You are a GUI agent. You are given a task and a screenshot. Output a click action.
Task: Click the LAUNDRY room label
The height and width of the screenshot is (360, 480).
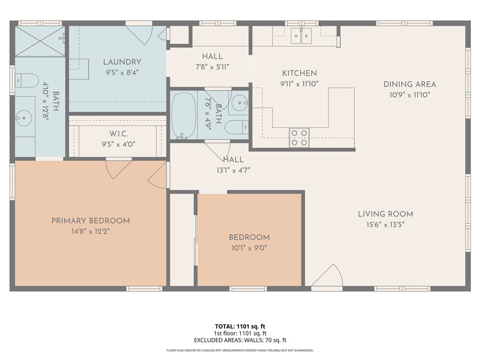pyautogui.click(x=122, y=62)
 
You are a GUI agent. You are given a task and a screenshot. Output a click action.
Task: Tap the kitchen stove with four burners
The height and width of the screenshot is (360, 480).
pyautogui.click(x=299, y=137)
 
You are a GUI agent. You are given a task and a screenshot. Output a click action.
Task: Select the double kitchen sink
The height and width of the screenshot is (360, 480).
pyautogui.click(x=301, y=36)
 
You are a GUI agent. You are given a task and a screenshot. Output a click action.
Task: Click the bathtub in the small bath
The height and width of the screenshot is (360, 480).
pyautogui.click(x=184, y=115)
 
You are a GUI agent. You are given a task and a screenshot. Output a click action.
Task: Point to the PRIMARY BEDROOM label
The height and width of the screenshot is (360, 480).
pyautogui.click(x=90, y=221)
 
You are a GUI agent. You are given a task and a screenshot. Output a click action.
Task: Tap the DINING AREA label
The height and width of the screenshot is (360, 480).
pyautogui.click(x=410, y=84)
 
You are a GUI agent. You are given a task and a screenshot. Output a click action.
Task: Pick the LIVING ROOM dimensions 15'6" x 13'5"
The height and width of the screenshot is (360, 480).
pyautogui.click(x=385, y=225)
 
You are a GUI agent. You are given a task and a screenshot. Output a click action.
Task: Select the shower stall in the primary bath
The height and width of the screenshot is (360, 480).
pyautogui.click(x=39, y=41)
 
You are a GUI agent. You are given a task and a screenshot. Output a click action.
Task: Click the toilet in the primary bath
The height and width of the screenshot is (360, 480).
pyautogui.click(x=27, y=81)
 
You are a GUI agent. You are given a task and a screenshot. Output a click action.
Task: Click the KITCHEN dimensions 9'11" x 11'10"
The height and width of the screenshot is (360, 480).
pyautogui.click(x=299, y=84)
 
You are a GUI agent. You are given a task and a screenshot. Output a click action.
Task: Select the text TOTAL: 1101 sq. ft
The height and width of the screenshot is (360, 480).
pyautogui.click(x=240, y=326)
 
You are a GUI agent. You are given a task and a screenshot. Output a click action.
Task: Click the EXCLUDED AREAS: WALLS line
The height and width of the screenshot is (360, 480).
pyautogui.click(x=240, y=340)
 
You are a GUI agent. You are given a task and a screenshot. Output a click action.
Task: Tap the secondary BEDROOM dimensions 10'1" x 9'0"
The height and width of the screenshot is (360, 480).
pyautogui.click(x=249, y=248)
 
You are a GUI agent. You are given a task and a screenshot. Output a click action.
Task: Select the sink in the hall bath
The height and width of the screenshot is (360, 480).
pyautogui.click(x=240, y=102)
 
